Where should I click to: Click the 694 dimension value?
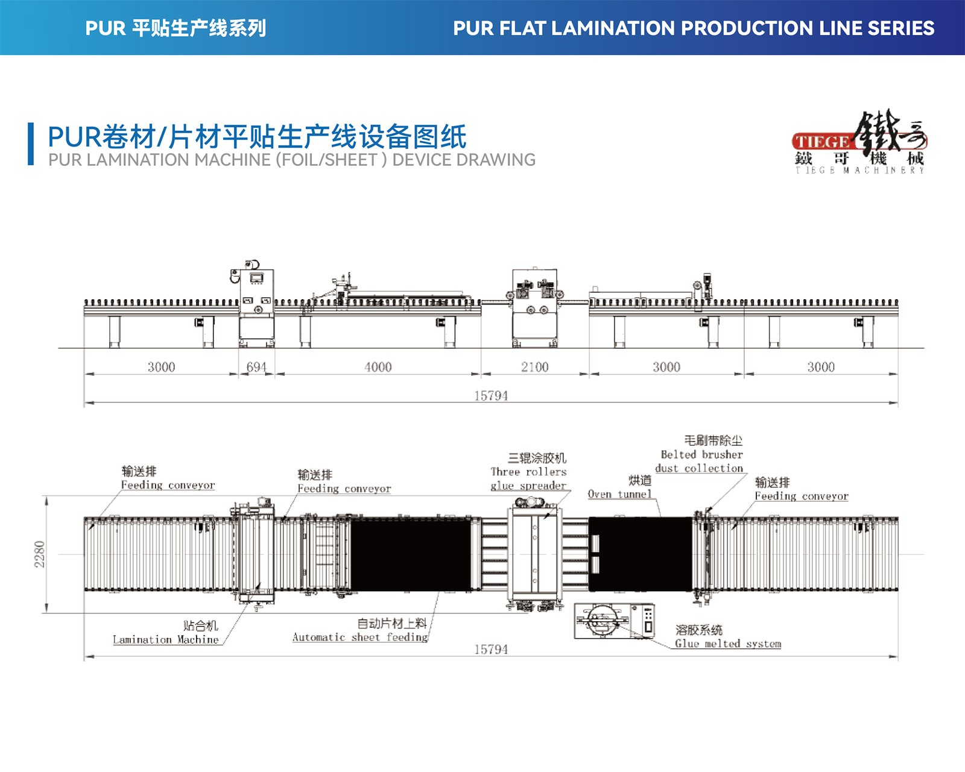click(256, 367)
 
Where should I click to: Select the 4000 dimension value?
click(378, 367)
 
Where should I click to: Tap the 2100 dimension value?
click(535, 367)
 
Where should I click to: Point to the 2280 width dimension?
click(40, 554)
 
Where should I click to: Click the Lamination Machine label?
click(166, 639)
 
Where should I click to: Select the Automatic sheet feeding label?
click(360, 637)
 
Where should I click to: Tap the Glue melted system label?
click(728, 644)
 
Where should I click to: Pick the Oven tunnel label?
click(620, 494)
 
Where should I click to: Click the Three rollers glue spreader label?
click(528, 479)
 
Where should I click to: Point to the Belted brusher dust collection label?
click(700, 461)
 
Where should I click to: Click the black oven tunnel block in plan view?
click(641, 554)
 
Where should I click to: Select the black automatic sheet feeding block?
click(411, 554)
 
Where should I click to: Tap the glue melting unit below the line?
click(614, 621)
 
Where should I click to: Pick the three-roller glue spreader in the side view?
click(535, 308)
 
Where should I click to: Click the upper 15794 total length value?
click(491, 396)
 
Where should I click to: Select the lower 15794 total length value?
click(491, 650)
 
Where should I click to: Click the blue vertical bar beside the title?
click(31, 144)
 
